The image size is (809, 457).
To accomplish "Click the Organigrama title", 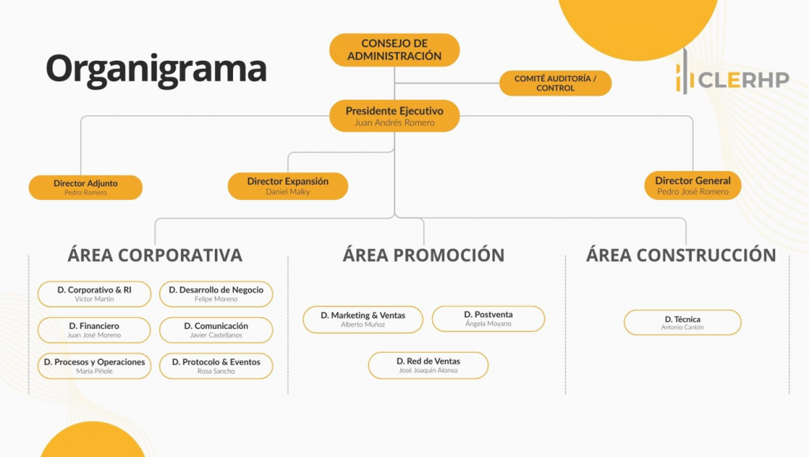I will pyautogui.click(x=156, y=68).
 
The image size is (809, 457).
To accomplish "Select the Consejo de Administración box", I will pyautogui.click(x=394, y=50).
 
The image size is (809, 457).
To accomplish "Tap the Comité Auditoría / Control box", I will pyautogui.click(x=555, y=83).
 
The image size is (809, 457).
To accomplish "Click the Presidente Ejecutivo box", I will pyautogui.click(x=394, y=116).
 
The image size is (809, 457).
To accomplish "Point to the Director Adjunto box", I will pyautogui.click(x=85, y=187).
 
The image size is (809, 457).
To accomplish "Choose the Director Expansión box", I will pyautogui.click(x=288, y=186).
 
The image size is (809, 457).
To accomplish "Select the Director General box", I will pyautogui.click(x=692, y=186).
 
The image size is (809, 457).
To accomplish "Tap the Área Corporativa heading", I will pyautogui.click(x=155, y=255).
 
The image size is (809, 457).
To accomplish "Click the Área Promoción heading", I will pyautogui.click(x=423, y=255).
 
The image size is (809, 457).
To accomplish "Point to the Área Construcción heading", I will pyautogui.click(x=681, y=255).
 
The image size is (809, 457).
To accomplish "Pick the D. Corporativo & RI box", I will pyautogui.click(x=94, y=294).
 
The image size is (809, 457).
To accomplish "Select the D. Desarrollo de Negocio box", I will pyautogui.click(x=216, y=294).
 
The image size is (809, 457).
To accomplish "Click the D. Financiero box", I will pyautogui.click(x=94, y=330).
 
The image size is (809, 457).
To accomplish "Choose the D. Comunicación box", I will pyautogui.click(x=216, y=330).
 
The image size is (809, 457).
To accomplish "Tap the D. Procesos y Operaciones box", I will pyautogui.click(x=94, y=366).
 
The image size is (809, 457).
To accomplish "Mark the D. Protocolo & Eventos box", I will pyautogui.click(x=216, y=366).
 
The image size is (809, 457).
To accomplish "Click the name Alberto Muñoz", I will pyautogui.click(x=362, y=325).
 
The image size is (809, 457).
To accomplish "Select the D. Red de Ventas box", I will pyautogui.click(x=428, y=365).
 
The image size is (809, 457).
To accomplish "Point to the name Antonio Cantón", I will pyautogui.click(x=683, y=327).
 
